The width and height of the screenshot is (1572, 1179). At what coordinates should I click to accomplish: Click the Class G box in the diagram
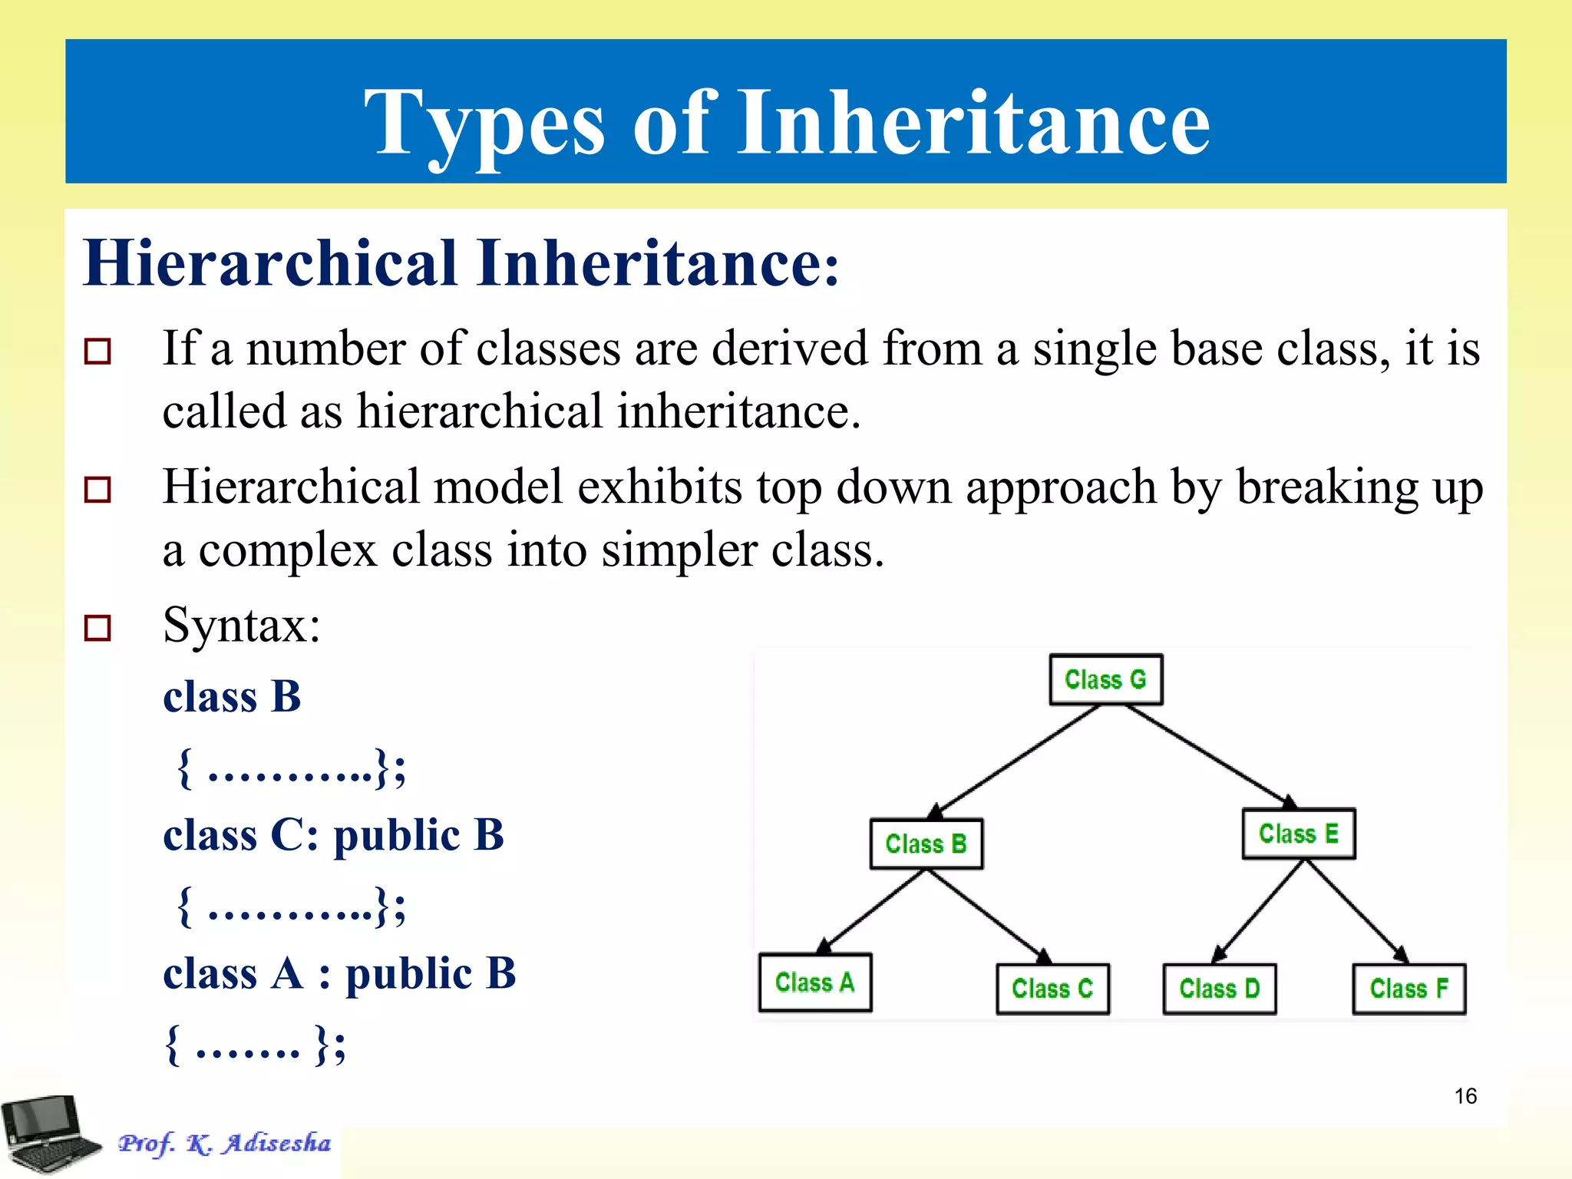click(1105, 679)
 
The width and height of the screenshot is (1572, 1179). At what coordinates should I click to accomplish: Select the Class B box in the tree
click(926, 844)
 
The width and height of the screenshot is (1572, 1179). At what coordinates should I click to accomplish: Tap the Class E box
click(1298, 834)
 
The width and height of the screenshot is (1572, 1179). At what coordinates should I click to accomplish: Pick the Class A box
click(814, 982)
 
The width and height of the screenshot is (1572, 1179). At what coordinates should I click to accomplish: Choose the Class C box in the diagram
click(1052, 989)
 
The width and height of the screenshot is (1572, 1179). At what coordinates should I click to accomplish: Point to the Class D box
click(1219, 989)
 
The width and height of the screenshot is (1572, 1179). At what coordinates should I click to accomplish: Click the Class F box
click(1409, 989)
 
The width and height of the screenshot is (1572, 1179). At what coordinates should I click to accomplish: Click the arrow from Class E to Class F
click(1355, 910)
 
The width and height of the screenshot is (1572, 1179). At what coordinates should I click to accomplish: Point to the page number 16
click(1465, 1096)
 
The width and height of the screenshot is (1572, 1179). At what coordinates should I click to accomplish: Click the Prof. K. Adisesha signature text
click(224, 1143)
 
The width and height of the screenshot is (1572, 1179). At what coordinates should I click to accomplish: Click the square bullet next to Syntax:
click(97, 627)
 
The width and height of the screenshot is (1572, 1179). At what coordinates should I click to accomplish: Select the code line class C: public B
click(333, 835)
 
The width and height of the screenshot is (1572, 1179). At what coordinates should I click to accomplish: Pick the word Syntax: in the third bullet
click(241, 625)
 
